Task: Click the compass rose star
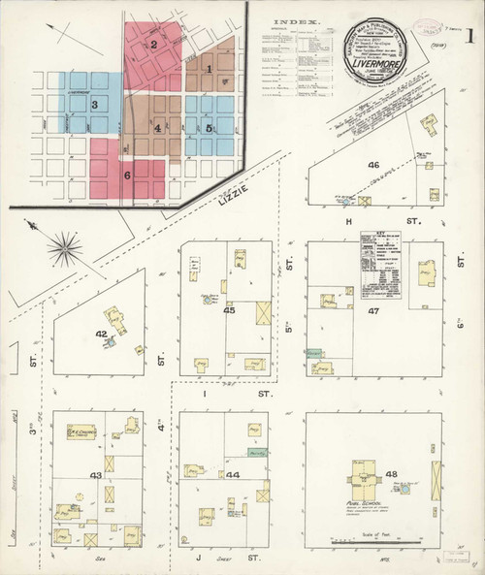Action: coord(64,248)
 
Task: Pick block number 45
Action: coord(230,310)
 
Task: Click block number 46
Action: coord(373,165)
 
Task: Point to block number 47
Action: coord(373,310)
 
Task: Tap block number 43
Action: coord(96,475)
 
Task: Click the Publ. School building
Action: coord(364,478)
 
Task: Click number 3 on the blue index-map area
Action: coord(94,104)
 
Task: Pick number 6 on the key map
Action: coord(127,175)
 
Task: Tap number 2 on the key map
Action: coord(152,44)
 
